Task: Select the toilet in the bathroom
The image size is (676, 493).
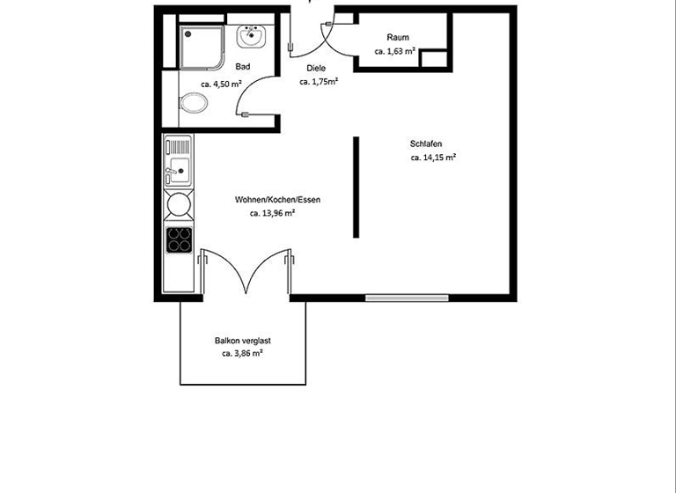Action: tap(194, 104)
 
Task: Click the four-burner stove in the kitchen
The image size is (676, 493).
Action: tap(180, 239)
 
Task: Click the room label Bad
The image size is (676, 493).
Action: tap(243, 67)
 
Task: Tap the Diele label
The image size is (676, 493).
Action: tap(316, 68)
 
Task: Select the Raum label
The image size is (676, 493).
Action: tap(398, 37)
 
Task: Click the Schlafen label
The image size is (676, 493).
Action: tap(426, 144)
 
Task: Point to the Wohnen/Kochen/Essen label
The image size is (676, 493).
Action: tap(277, 200)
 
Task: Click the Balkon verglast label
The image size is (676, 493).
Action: tap(242, 340)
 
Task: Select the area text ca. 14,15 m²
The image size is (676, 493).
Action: tap(433, 158)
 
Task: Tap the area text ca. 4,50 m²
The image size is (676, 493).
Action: tap(221, 85)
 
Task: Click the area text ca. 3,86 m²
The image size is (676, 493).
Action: tap(242, 353)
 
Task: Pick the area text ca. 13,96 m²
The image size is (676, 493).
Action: tap(272, 213)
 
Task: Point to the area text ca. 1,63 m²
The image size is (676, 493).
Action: tap(395, 51)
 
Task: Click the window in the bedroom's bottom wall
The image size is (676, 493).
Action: tap(406, 298)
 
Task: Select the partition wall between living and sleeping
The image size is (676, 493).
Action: tap(356, 187)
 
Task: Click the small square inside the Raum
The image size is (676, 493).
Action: tap(433, 60)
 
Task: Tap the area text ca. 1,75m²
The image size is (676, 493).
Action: tap(320, 81)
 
